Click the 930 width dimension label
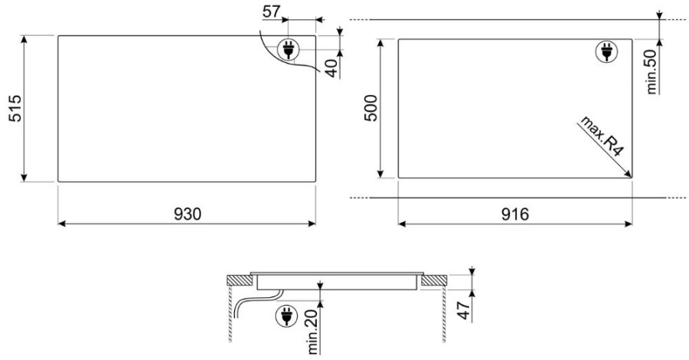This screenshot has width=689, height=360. pos(188,214)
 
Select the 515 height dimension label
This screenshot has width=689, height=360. pos(15,108)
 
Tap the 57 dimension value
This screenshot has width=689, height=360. pos(271,11)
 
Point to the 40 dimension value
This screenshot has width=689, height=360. pos(333,68)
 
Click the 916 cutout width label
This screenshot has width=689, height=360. pos(515,214)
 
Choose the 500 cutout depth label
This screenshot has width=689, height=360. pos(371,108)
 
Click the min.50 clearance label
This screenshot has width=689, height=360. pos(651,72)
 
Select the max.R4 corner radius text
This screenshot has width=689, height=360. pos(602,136)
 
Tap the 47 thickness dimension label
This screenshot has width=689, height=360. pos(464,310)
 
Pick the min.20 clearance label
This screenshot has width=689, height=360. pos(313,332)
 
